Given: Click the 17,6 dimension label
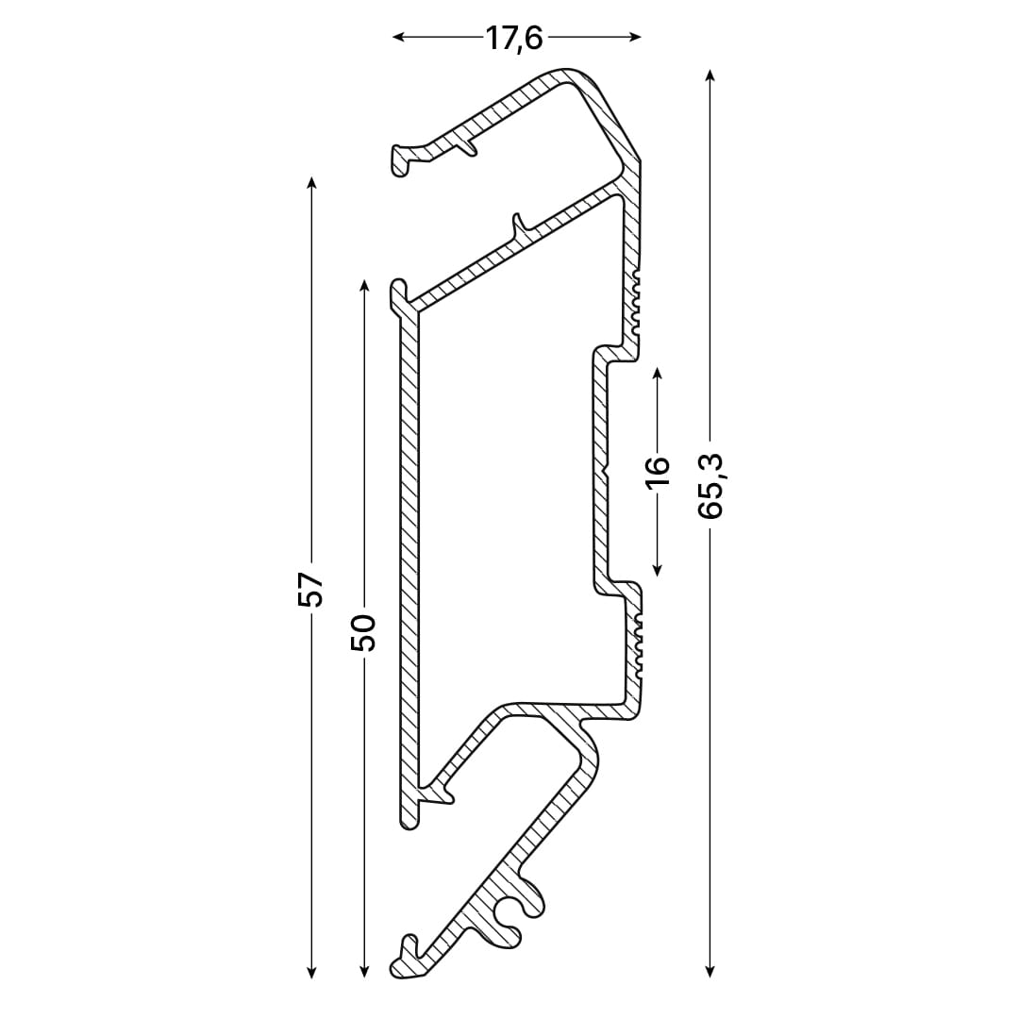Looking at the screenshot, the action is [x=514, y=39].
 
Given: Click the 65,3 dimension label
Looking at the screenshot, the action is [x=710, y=486].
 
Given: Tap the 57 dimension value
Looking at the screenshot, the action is [x=310, y=590].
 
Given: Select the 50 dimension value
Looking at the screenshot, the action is [x=363, y=632].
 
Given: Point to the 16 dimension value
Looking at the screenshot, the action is [x=658, y=471].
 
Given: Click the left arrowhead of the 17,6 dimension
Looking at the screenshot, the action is [x=398, y=37].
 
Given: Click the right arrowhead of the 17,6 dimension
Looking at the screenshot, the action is [x=636, y=37].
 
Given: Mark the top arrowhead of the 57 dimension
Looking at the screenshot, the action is [x=311, y=182].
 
